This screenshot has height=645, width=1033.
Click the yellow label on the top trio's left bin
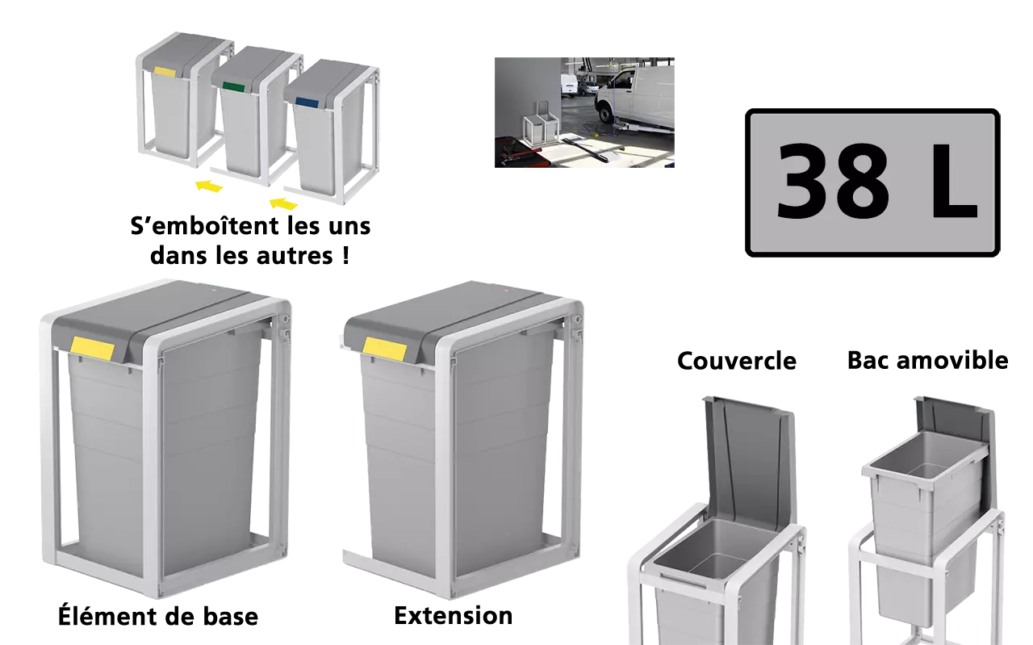[x=165, y=72]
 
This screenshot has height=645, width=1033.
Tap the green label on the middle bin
[x=234, y=86]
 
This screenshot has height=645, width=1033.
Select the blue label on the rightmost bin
[x=307, y=102]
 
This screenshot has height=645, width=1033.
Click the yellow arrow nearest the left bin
[x=209, y=186]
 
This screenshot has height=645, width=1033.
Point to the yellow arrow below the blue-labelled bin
[x=283, y=203]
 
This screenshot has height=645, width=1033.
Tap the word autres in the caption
[x=295, y=256]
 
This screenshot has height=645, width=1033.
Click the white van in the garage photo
[x=634, y=98]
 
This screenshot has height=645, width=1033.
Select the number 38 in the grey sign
[x=832, y=182]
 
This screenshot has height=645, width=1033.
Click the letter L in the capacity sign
[x=954, y=181]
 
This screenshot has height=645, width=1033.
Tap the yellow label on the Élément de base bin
[x=93, y=349]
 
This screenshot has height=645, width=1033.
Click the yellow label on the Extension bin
[x=385, y=349]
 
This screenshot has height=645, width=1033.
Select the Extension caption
[x=454, y=616]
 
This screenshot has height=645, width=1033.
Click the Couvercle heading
[x=737, y=361]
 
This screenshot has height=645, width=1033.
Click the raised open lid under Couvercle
[x=750, y=457]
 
